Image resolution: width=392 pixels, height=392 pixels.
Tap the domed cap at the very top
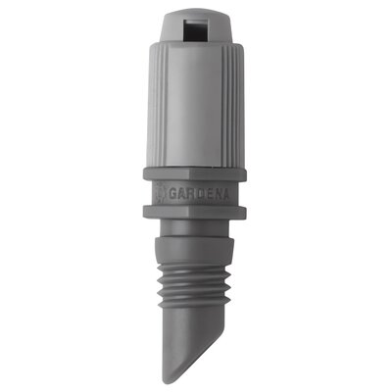(194, 27)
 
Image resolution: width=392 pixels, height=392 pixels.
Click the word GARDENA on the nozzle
(199, 194)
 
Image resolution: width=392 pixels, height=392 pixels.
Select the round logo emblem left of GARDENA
(160, 193)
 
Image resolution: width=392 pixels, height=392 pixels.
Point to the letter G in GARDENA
(173, 194)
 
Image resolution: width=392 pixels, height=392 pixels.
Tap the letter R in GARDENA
(190, 194)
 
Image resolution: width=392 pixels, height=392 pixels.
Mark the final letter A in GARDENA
(225, 194)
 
